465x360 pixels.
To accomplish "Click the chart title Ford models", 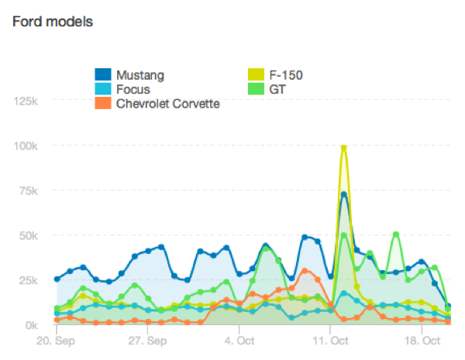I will [53, 21].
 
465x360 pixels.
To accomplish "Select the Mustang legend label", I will [139, 75].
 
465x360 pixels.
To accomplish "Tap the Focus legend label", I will [133, 89].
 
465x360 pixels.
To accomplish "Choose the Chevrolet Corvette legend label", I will [168, 103].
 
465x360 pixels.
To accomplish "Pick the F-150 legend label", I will [286, 75].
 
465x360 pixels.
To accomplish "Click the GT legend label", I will [277, 89].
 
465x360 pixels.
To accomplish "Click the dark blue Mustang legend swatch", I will [103, 75].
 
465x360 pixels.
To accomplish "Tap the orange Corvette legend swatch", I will [103, 103].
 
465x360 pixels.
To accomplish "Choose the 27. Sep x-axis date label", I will [146, 340].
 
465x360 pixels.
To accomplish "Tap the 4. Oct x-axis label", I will [239, 340].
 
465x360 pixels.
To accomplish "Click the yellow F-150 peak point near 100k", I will [343, 147].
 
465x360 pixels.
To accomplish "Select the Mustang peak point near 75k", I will [343, 194].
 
